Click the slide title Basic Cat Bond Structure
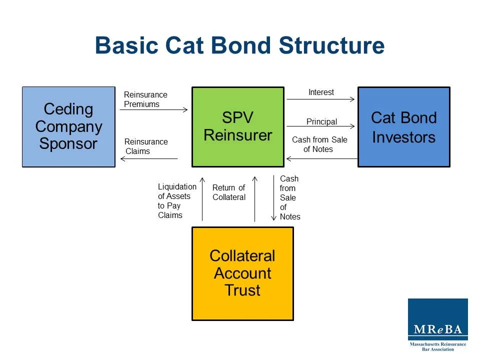point(239,45)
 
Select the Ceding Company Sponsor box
point(68,126)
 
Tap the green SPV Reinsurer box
point(238,126)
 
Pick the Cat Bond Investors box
point(403,126)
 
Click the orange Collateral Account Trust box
point(242,273)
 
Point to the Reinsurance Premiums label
point(145,99)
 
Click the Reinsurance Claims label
point(146,146)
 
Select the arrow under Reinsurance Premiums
point(153,109)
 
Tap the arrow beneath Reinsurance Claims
point(149,159)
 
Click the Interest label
point(321,92)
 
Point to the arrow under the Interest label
point(320,99)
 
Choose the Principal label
point(321,121)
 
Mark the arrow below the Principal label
point(320,127)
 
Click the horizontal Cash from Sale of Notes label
point(319,144)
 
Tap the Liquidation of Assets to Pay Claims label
point(176,200)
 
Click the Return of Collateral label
point(229,192)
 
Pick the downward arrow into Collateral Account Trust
point(274,197)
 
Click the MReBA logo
point(437,324)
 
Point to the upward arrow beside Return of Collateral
point(255,199)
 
